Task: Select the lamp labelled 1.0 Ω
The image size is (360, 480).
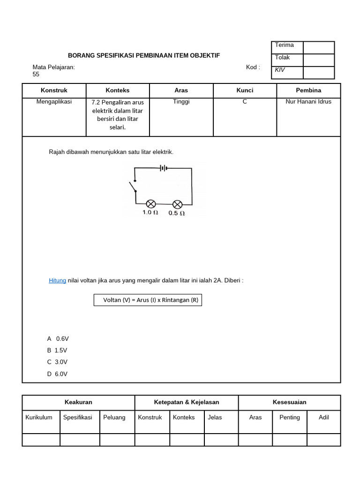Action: (151, 204)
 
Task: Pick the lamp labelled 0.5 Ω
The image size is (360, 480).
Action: (177, 204)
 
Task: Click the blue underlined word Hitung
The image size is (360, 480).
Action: (57, 280)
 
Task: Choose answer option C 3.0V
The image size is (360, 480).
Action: (57, 362)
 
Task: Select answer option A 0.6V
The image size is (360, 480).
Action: (58, 338)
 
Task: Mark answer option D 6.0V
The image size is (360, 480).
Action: (57, 374)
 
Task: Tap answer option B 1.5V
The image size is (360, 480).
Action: (58, 350)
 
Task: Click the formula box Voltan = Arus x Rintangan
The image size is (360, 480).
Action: (148, 300)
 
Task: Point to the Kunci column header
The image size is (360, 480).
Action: (245, 90)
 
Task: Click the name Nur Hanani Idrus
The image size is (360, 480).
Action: (308, 101)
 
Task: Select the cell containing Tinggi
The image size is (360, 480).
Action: (181, 102)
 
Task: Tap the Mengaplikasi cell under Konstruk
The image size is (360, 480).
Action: (54, 101)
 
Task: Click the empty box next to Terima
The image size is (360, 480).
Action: (319, 47)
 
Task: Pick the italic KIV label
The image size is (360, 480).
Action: (280, 70)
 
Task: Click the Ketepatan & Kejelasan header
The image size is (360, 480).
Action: (187, 402)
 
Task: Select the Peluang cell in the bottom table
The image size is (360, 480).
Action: (114, 417)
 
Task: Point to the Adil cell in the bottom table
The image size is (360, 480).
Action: (323, 417)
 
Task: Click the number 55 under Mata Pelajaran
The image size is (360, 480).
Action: (36, 74)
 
